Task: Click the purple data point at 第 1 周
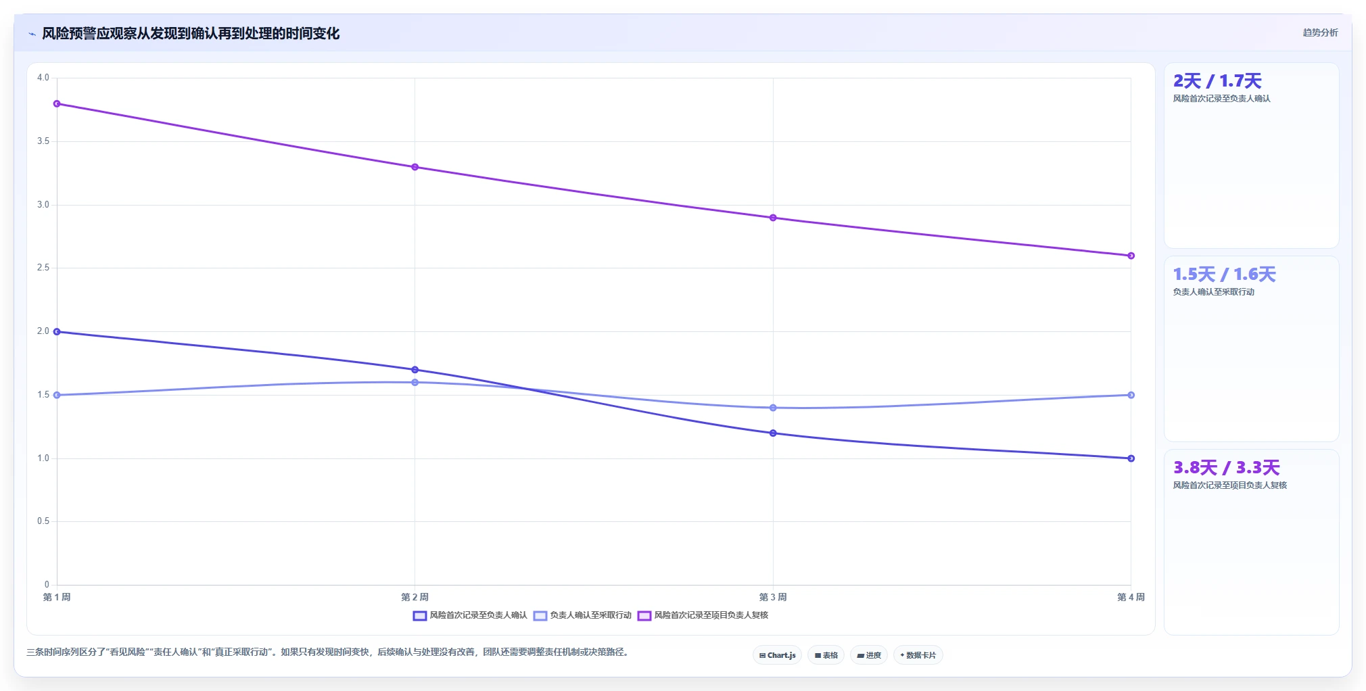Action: (57, 103)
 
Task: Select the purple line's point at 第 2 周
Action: (415, 167)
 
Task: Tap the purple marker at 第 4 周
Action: (1131, 256)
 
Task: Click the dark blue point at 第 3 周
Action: (773, 433)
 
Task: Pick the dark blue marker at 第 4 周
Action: (1131, 458)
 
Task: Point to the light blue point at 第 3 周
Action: (773, 408)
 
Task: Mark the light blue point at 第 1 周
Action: (57, 395)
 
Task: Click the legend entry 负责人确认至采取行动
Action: (582, 615)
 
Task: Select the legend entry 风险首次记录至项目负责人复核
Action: (703, 615)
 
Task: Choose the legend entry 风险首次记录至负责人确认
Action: (470, 615)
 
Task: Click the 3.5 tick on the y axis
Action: (43, 141)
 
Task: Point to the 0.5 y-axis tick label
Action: (43, 521)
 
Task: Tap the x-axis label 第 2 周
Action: (415, 597)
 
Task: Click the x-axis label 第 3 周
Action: (773, 597)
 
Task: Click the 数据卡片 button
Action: (918, 655)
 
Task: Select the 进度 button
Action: (869, 655)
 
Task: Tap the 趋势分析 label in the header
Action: (1320, 32)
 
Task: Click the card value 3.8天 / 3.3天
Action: (1227, 468)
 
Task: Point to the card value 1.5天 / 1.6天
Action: (1225, 275)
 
